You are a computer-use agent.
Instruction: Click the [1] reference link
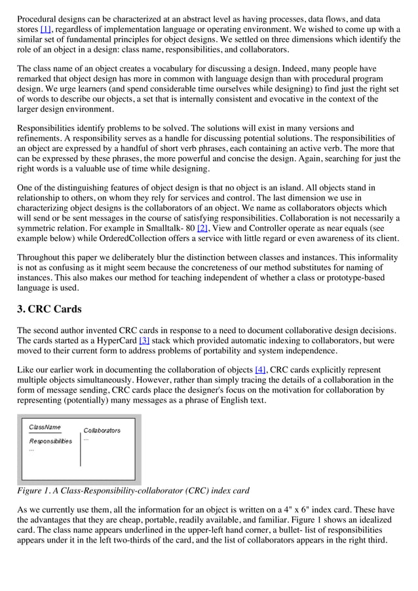tap(46, 29)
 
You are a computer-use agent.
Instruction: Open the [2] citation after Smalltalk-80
tap(202, 228)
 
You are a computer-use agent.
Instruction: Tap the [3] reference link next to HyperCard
tap(143, 340)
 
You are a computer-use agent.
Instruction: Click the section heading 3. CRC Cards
tap(49, 309)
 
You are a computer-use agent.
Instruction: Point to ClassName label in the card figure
tap(45, 427)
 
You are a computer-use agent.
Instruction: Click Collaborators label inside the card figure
tap(102, 430)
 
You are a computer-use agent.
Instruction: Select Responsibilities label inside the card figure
tap(50, 441)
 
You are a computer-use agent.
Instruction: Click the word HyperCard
tap(115, 340)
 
